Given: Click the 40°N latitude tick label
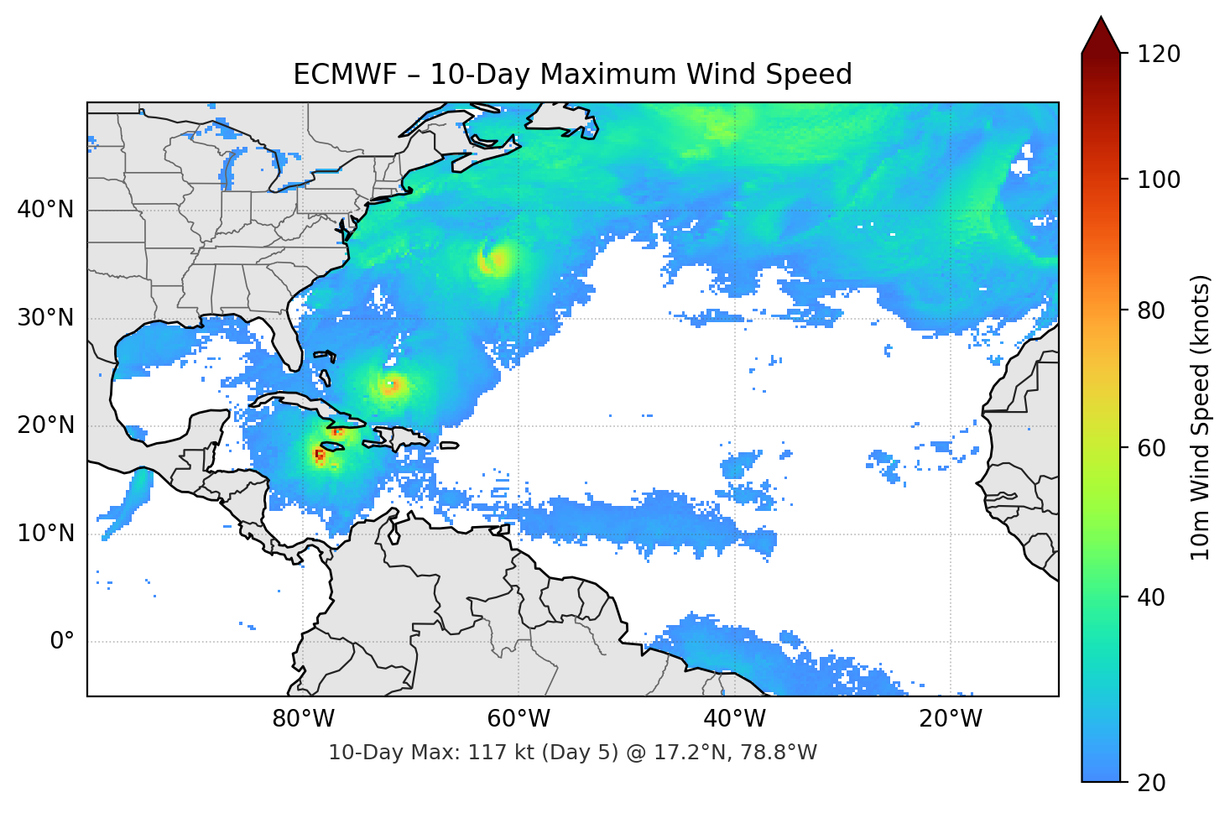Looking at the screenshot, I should click(45, 210).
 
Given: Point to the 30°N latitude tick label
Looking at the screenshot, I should click(45, 318).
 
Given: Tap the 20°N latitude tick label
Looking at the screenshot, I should click(45, 425).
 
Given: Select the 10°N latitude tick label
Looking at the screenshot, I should click(45, 534).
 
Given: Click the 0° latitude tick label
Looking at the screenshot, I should click(62, 642).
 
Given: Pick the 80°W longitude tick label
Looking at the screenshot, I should click(303, 719).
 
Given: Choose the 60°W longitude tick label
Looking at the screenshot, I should click(519, 719).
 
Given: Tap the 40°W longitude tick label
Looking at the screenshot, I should click(734, 719).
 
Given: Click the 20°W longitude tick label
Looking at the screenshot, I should click(950, 719).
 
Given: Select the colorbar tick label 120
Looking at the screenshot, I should click(1159, 55).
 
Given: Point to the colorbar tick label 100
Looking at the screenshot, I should click(1159, 180).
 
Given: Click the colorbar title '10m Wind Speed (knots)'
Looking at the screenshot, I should click(1201, 417).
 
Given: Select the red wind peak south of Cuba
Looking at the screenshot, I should click(319, 455).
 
